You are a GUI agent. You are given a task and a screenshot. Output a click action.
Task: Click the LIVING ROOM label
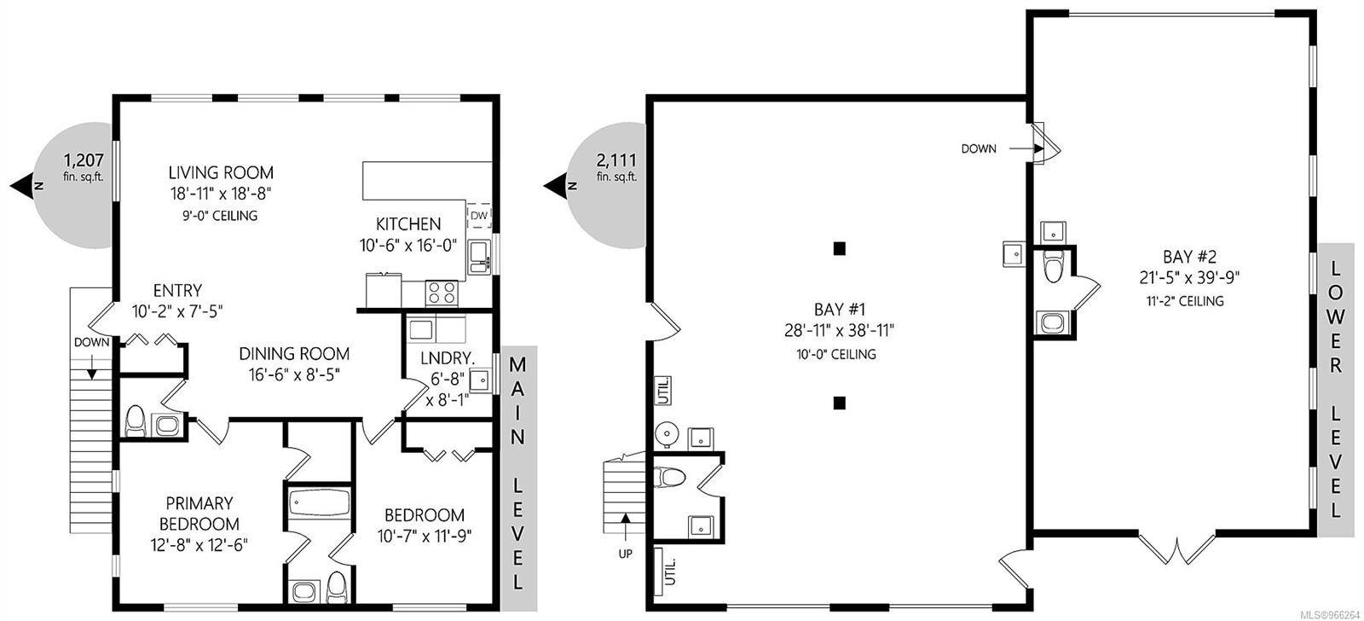pyautogui.click(x=220, y=172)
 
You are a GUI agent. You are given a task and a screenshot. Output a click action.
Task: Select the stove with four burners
pyautogui.click(x=442, y=292)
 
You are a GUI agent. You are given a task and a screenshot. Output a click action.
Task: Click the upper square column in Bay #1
pyautogui.click(x=840, y=249)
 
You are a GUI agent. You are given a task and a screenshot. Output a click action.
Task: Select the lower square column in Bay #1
pyautogui.click(x=840, y=403)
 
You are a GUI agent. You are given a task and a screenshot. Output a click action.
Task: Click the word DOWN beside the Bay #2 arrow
pyautogui.click(x=978, y=148)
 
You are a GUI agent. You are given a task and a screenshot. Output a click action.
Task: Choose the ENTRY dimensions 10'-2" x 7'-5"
pyautogui.click(x=178, y=310)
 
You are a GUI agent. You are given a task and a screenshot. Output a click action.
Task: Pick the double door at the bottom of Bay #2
pyautogui.click(x=1177, y=549)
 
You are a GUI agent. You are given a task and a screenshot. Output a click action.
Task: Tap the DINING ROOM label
pyautogui.click(x=293, y=353)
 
